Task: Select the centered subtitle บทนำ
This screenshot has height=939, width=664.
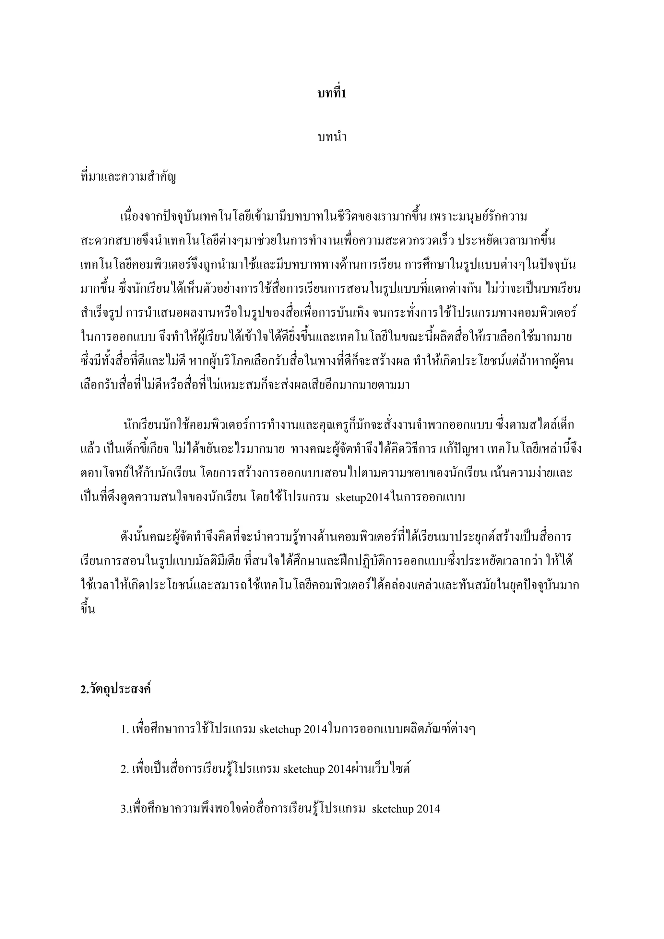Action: coord(332,137)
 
